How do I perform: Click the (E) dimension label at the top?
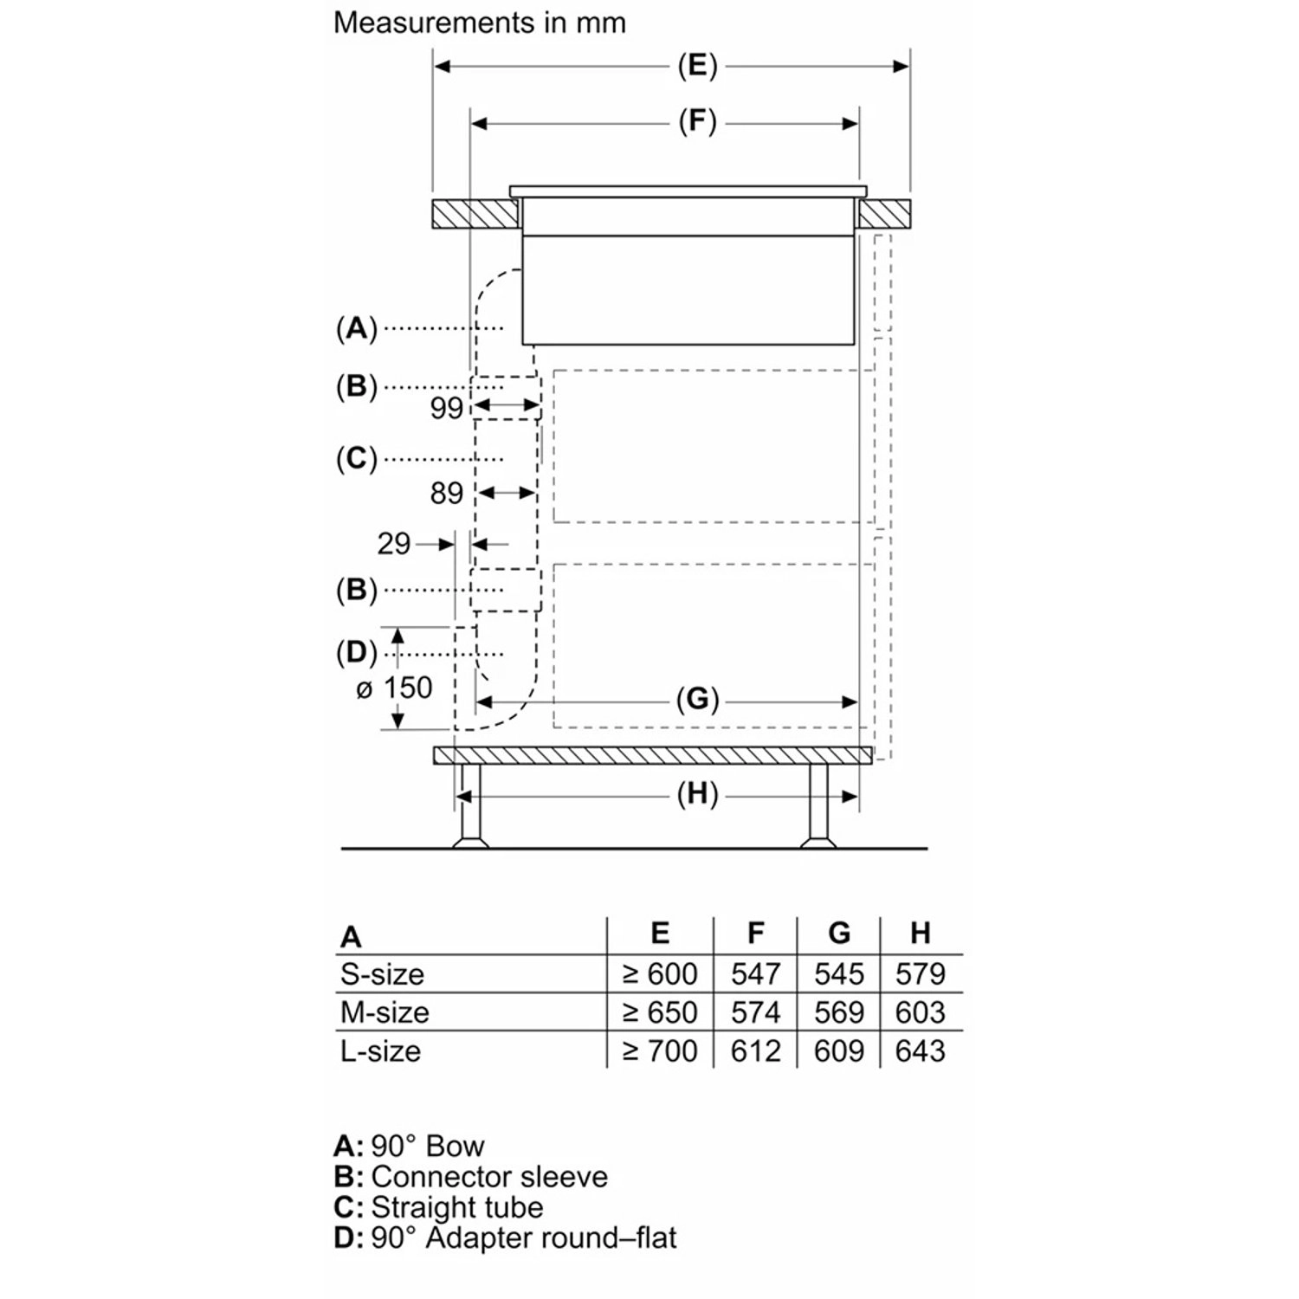click(697, 67)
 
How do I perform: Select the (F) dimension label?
click(697, 122)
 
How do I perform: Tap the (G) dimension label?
click(697, 699)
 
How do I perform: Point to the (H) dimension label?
click(697, 794)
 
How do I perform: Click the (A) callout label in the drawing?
click(357, 329)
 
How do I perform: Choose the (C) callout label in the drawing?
click(357, 458)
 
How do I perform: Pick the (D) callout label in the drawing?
click(357, 652)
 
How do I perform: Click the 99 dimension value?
click(447, 408)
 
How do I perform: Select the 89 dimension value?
click(447, 493)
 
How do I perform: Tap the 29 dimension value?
click(393, 544)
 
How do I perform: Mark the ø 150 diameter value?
click(394, 688)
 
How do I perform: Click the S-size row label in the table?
click(382, 974)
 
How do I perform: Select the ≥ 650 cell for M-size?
click(660, 1012)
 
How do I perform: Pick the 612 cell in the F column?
click(755, 1050)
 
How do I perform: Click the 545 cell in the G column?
click(838, 974)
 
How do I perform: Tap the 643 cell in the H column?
click(921, 1050)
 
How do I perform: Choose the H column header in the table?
click(921, 933)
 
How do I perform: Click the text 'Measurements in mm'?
click(479, 23)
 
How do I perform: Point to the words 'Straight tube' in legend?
click(456, 1207)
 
